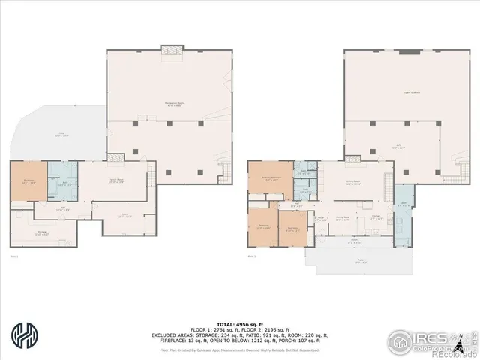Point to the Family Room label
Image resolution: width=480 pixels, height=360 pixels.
point(115,181)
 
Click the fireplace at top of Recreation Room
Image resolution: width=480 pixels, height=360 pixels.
point(172,49)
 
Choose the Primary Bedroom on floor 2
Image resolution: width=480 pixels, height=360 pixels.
point(270,181)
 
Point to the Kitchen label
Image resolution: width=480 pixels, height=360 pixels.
point(376,218)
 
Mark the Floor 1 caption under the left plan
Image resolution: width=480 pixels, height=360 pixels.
point(13,257)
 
